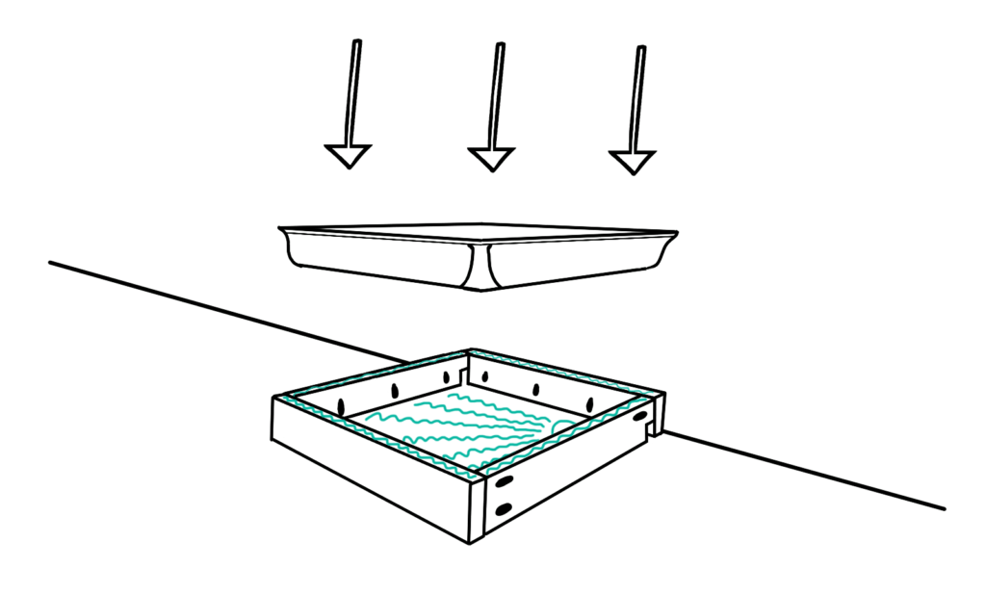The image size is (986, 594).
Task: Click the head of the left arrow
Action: pos(348,155)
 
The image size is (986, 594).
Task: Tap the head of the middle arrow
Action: pos(491,158)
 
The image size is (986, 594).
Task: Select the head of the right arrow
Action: pos(633,161)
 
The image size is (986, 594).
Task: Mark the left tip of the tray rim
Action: pos(280,229)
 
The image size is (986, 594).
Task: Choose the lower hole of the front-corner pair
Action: pos(503,508)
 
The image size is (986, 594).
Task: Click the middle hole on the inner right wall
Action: pos(535,390)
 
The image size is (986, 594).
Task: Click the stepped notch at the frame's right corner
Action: pos(658,419)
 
